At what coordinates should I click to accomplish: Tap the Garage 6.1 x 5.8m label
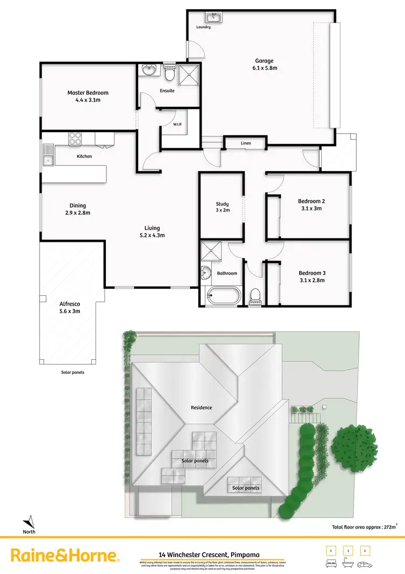[x=264, y=64]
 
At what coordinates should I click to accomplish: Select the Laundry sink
[x=213, y=18]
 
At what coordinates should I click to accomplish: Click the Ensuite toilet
[x=170, y=72]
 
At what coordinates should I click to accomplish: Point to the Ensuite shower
[x=188, y=73]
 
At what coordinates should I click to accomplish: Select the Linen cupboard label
[x=245, y=143]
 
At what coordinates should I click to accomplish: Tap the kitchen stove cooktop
[x=75, y=139]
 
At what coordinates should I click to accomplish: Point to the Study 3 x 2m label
[x=222, y=207]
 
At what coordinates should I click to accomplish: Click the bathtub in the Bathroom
[x=222, y=295]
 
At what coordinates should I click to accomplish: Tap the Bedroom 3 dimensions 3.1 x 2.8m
[x=311, y=280]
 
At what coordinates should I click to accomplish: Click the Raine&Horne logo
[x=65, y=555]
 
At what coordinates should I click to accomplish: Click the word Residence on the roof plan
[x=201, y=407]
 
